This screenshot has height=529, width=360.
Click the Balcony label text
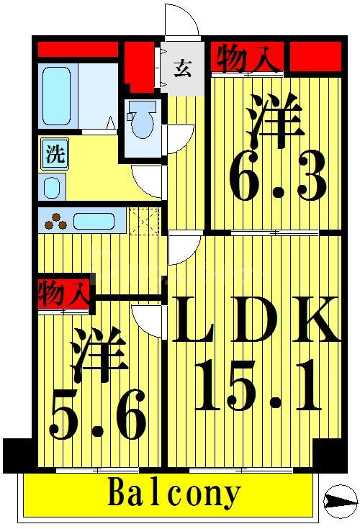click(174, 494)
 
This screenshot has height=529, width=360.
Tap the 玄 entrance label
click(183, 70)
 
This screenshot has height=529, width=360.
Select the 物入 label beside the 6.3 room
click(247, 58)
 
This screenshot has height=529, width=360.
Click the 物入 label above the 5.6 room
click(63, 294)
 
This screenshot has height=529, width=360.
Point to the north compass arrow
click(341, 499)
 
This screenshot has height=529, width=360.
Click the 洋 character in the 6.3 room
click(274, 122)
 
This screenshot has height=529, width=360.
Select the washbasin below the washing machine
click(53, 186)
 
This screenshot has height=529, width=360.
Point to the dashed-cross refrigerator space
click(146, 220)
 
